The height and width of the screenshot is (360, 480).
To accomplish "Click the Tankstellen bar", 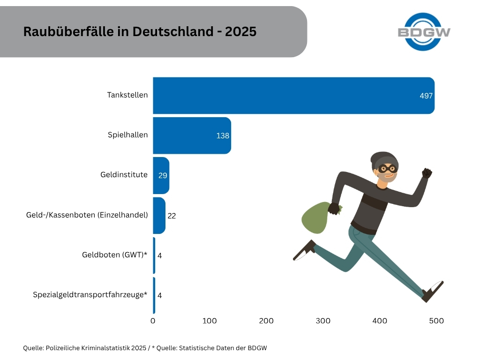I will (293, 95).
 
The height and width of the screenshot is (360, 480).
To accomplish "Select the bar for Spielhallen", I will (192, 135).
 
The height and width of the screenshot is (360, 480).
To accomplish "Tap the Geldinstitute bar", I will (161, 175).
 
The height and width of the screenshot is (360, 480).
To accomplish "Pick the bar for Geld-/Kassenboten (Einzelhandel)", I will (159, 215).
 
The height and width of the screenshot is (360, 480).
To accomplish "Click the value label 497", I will (426, 96).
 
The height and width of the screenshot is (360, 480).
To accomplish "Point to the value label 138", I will (223, 135).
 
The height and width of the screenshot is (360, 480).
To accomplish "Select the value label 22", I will (172, 216).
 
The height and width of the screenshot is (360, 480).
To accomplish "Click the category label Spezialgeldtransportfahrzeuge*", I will (90, 295).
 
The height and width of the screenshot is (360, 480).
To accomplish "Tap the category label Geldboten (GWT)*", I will (114, 255).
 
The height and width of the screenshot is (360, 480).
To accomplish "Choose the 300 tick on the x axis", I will (323, 321).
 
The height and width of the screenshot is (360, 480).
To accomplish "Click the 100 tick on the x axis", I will (210, 321).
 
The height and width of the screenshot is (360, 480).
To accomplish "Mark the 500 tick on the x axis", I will (436, 321).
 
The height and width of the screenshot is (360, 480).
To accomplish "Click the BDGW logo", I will (424, 32).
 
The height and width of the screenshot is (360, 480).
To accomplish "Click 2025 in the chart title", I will (240, 31).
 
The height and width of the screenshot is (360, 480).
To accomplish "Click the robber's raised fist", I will (426, 173).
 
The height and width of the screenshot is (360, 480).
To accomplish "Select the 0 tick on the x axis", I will (153, 321).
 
